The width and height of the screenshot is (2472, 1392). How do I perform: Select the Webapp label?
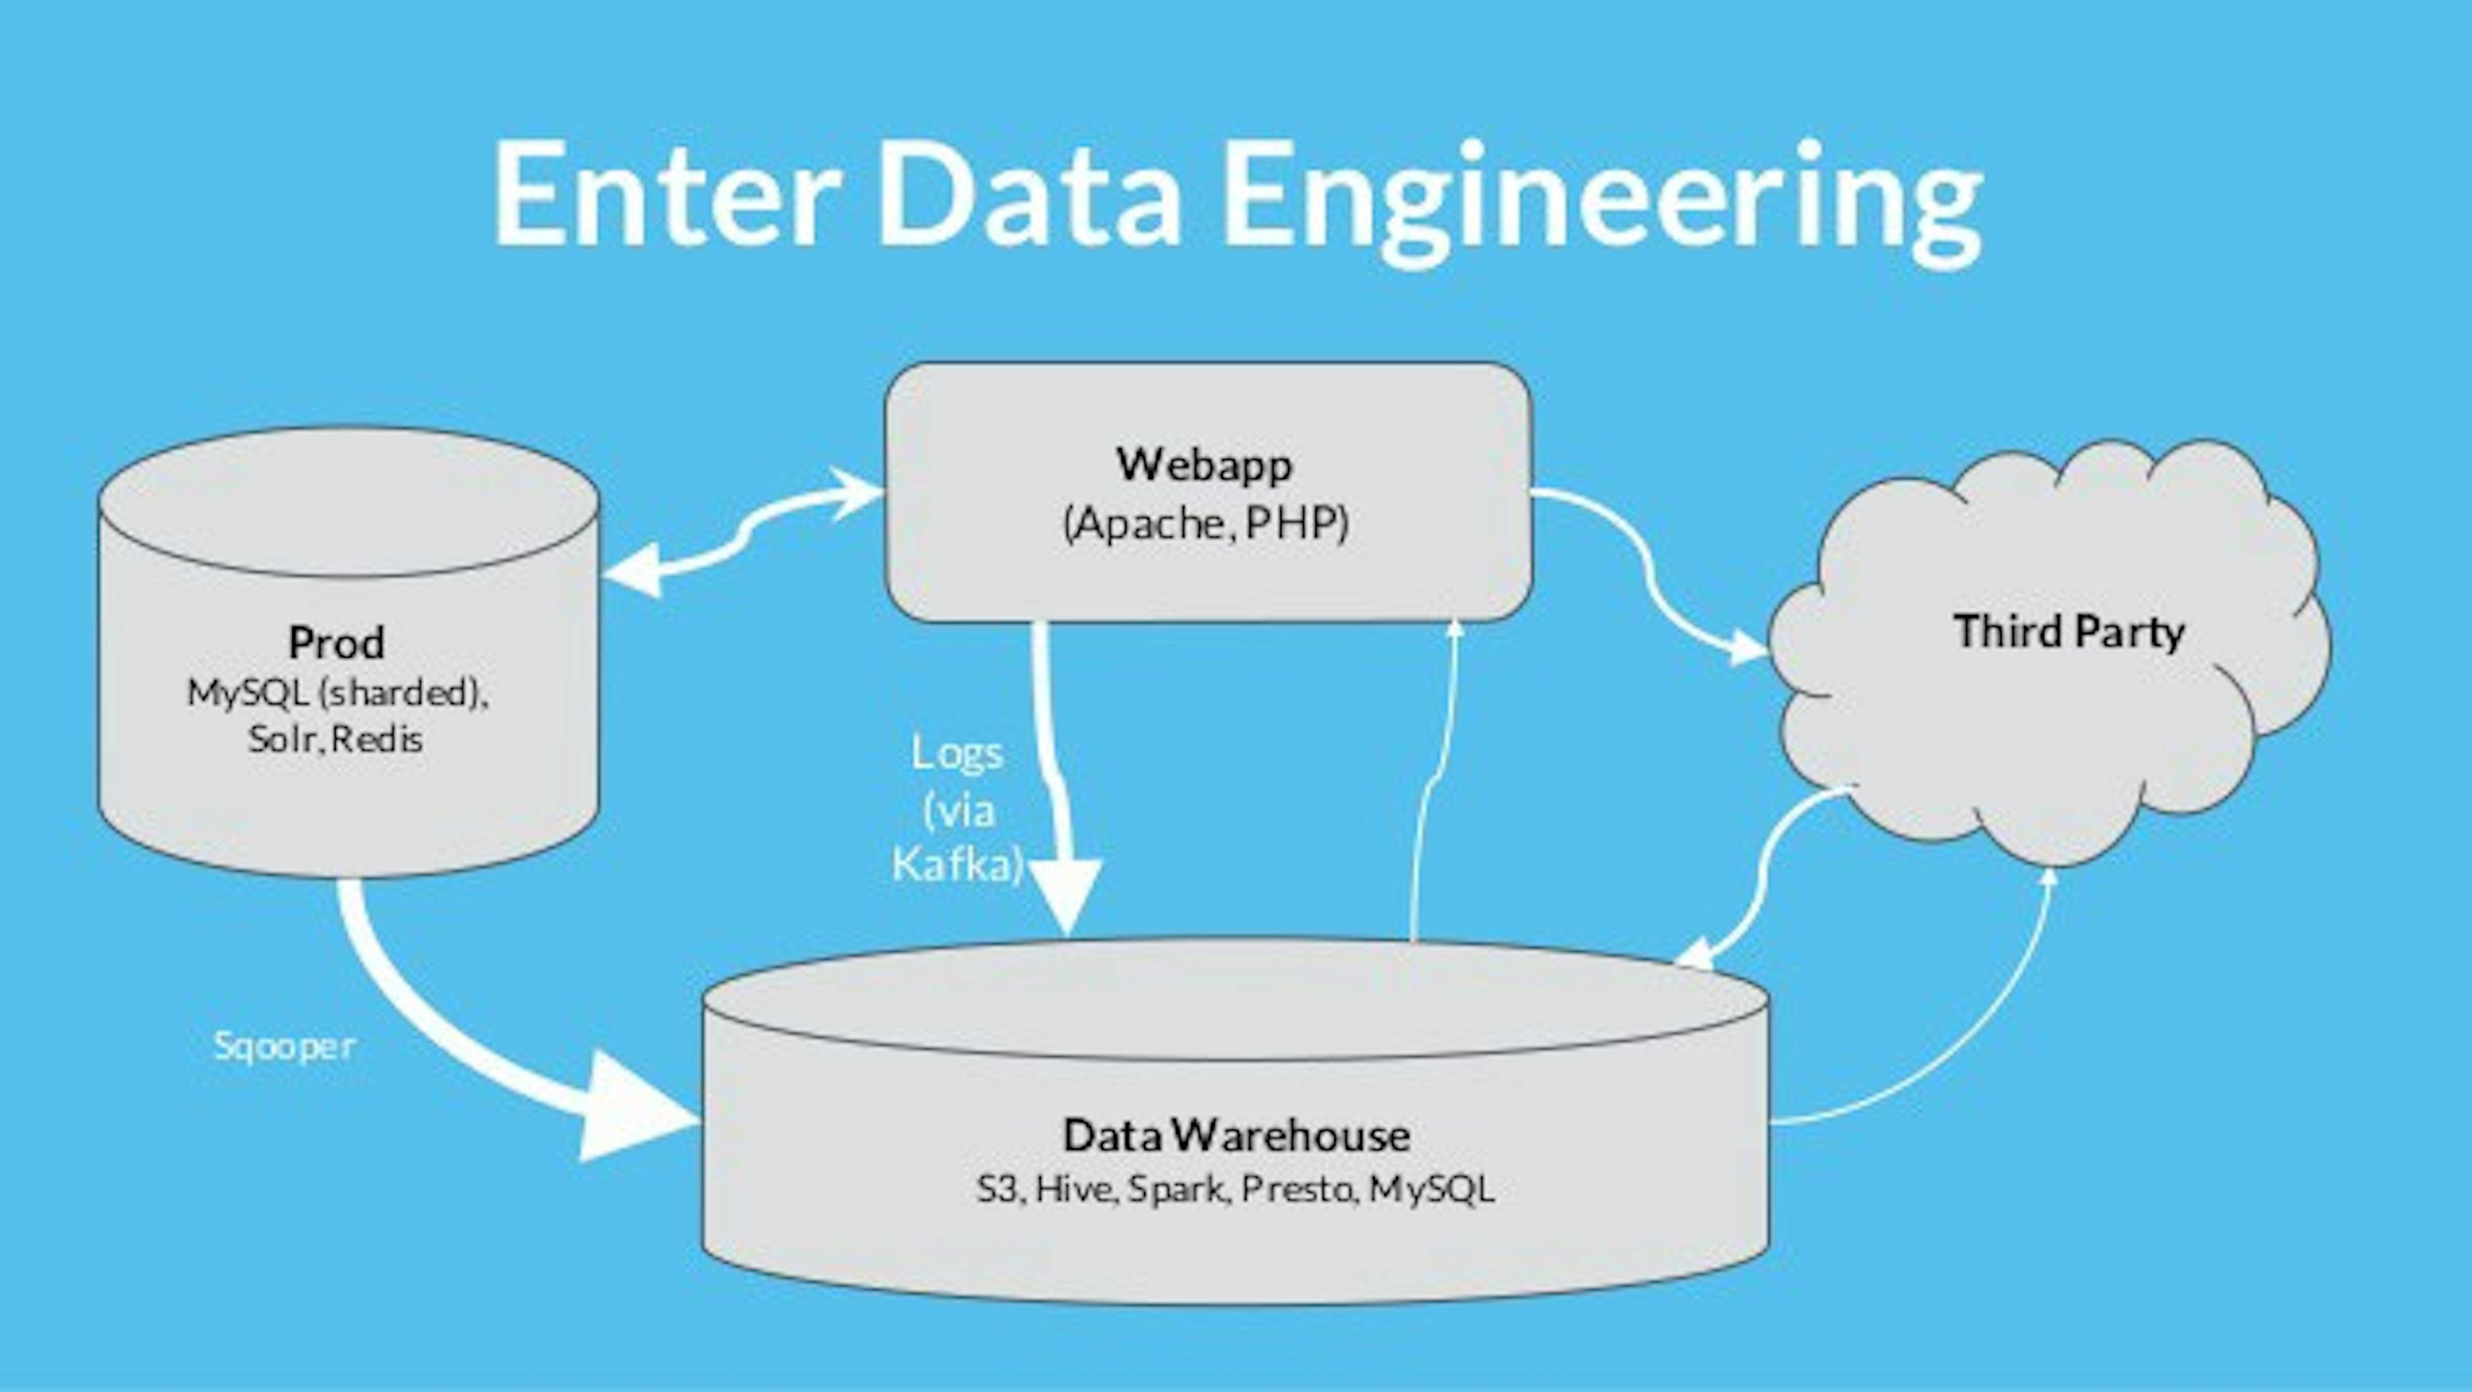(1205, 464)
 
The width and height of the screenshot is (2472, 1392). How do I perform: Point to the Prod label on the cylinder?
(337, 642)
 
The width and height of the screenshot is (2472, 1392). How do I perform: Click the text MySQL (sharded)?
(337, 692)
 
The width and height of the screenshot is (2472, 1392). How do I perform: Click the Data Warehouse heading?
(1236, 1135)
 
